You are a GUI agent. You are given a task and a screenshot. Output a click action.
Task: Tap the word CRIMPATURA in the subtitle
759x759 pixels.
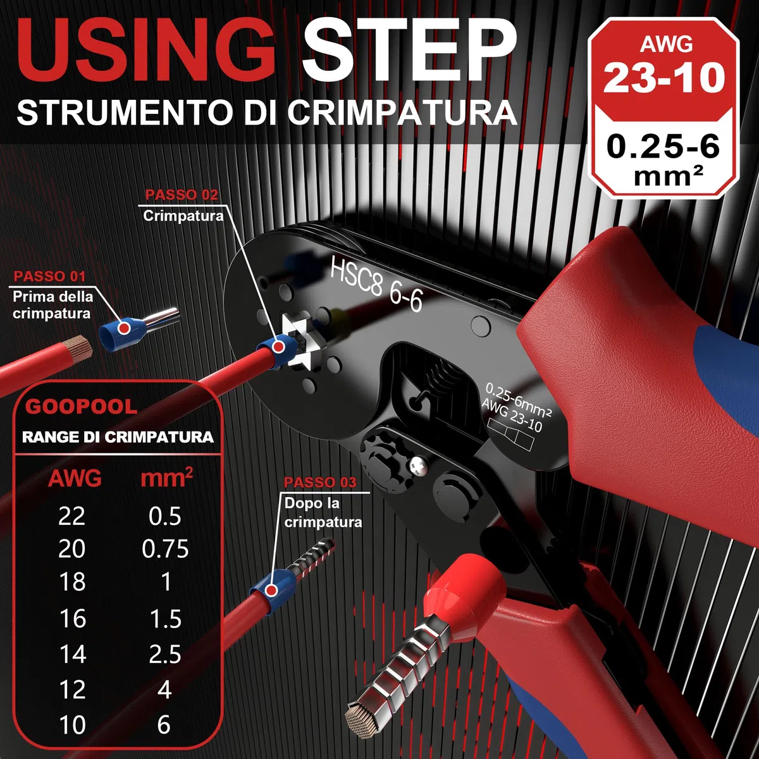pyautogui.click(x=402, y=113)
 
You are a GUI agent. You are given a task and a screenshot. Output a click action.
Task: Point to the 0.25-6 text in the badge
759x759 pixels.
pyautogui.click(x=663, y=147)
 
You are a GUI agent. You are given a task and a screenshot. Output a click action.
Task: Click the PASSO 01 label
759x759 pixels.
pyautogui.click(x=49, y=276)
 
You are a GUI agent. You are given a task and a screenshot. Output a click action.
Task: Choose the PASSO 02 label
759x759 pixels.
pyautogui.click(x=181, y=195)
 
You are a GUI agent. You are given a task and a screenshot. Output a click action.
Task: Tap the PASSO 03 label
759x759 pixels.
pyautogui.click(x=320, y=482)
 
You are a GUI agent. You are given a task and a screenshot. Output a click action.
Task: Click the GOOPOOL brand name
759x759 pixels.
pyautogui.click(x=81, y=407)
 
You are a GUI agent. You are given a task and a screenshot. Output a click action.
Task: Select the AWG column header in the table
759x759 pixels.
pyautogui.click(x=75, y=479)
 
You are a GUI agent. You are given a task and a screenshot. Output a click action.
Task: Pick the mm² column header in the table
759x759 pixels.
pyautogui.click(x=166, y=478)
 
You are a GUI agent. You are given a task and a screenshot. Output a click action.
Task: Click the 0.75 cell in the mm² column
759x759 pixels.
pyautogui.click(x=165, y=548)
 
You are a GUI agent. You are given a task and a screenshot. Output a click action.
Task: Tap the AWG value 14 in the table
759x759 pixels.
pyautogui.click(x=73, y=654)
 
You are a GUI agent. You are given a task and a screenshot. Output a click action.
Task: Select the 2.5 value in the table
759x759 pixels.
pyautogui.click(x=165, y=654)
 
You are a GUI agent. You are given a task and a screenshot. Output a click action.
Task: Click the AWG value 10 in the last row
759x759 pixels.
pyautogui.click(x=73, y=725)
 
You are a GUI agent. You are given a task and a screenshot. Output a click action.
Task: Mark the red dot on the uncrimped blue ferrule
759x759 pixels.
pyautogui.click(x=124, y=327)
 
